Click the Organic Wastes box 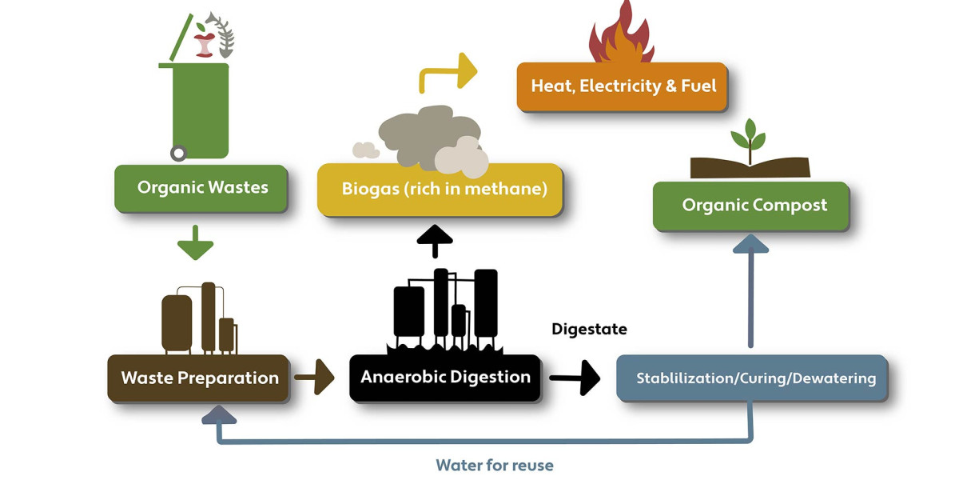[x=201, y=188]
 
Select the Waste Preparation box [x=198, y=378]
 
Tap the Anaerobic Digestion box [x=444, y=376]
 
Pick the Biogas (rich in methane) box [x=440, y=190]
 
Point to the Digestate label [x=589, y=329]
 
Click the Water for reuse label [x=494, y=465]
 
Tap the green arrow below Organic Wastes [x=196, y=243]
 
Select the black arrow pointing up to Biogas [x=435, y=239]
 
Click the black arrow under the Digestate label [x=575, y=377]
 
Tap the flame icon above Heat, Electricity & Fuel [x=622, y=36]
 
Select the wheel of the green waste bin [x=179, y=152]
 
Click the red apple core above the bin [x=205, y=40]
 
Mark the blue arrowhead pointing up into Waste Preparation [x=219, y=412]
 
